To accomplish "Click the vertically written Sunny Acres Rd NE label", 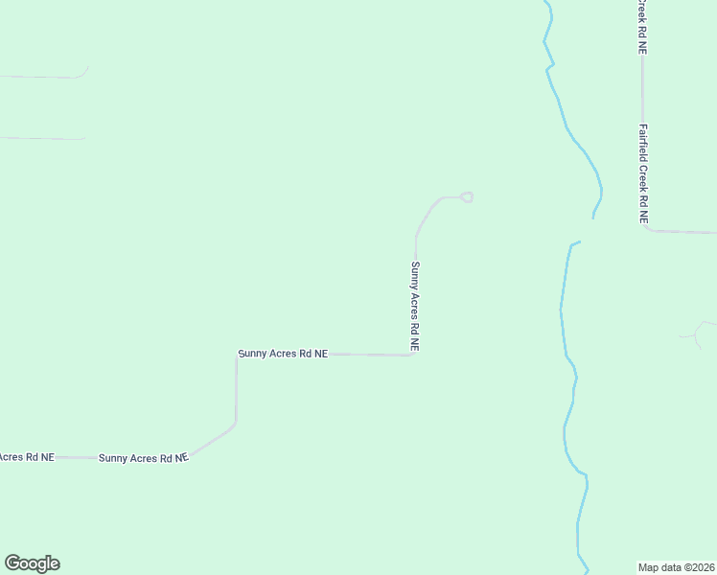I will click(415, 307).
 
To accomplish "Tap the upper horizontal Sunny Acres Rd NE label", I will click(283, 354).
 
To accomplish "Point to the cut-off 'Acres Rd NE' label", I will click(26, 457).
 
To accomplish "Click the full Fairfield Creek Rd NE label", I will click(644, 174).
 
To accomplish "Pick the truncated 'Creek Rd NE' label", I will click(641, 27).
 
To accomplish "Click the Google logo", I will click(32, 563).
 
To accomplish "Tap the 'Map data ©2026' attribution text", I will click(677, 566).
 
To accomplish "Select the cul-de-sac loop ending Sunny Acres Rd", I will click(467, 197).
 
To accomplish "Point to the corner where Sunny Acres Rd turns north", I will click(414, 355).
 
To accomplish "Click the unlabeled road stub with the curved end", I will click(48, 77).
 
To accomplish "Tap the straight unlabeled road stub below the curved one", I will click(43, 138).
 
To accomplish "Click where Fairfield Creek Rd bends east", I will click(645, 229).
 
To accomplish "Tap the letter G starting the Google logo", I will click(12, 563).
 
